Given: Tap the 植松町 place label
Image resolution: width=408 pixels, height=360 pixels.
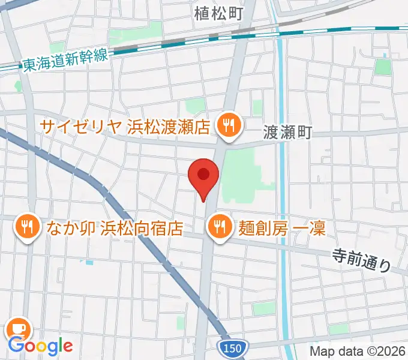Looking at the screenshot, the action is (x=218, y=13).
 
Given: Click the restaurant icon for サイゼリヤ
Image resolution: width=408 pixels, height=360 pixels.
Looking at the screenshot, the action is (x=229, y=126).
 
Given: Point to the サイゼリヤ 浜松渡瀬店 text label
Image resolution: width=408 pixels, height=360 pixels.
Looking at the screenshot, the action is (x=125, y=127).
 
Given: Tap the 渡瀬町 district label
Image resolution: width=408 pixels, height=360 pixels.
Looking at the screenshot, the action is (x=288, y=133).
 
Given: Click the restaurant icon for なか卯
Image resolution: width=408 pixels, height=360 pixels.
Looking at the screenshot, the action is (x=26, y=227).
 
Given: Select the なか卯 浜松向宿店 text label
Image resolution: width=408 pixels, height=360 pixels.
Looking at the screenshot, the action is (x=112, y=228).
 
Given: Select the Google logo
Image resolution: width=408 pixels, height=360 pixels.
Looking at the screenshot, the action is (x=40, y=346).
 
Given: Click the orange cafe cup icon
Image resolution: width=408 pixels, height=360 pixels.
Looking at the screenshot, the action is (x=18, y=328).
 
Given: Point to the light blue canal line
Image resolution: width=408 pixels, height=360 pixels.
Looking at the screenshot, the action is (x=283, y=180).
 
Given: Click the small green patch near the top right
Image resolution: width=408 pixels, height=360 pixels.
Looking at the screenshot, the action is (x=382, y=67).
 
